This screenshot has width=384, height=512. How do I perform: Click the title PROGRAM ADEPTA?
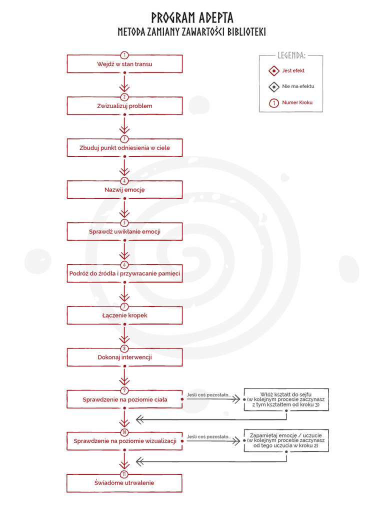click(x=192, y=18)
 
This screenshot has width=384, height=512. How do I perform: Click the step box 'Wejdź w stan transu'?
click(x=124, y=64)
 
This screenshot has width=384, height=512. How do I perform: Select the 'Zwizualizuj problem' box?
click(x=124, y=106)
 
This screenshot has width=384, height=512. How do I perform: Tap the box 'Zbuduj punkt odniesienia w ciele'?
click(x=124, y=148)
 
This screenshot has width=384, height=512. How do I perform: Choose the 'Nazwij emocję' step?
click(x=124, y=190)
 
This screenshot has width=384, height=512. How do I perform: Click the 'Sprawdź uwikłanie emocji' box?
click(x=124, y=231)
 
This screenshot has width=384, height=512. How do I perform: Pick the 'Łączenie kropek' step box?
click(x=124, y=315)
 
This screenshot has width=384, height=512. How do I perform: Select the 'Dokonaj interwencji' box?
click(x=124, y=357)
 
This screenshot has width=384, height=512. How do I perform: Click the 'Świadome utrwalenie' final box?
click(x=124, y=483)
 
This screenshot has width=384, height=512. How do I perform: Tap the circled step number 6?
click(x=124, y=264)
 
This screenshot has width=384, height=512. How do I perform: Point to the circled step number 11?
click(x=124, y=474)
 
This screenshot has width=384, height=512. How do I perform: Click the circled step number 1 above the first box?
click(x=124, y=55)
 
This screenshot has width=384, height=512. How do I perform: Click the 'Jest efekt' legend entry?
click(x=292, y=71)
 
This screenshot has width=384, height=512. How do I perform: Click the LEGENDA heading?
click(x=291, y=55)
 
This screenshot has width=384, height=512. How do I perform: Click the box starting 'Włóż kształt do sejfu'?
click(x=286, y=399)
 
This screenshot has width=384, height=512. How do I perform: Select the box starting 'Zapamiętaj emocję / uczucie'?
click(x=286, y=440)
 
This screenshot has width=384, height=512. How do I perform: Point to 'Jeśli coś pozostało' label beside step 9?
click(x=205, y=395)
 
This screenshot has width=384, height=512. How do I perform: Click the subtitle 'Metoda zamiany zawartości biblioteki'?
click(x=192, y=32)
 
